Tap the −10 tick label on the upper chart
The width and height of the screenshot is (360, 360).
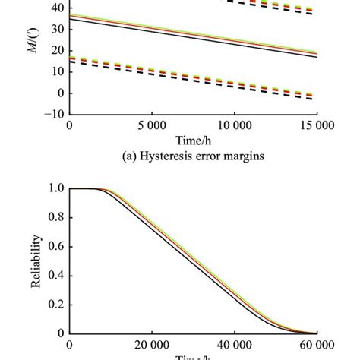pyautogui.click(x=49, y=115)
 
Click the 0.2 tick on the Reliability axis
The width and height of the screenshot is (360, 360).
pyautogui.click(x=54, y=304)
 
